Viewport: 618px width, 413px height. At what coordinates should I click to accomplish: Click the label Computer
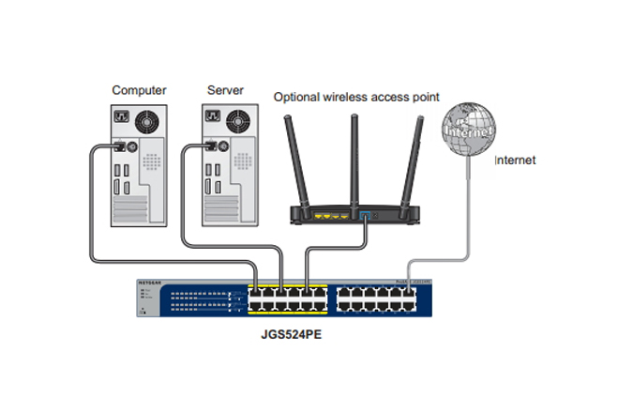point(139,90)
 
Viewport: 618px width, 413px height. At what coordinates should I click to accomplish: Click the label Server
point(226,90)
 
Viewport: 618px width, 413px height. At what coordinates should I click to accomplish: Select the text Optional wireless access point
point(355,97)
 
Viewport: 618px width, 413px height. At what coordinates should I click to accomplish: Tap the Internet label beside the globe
point(515,161)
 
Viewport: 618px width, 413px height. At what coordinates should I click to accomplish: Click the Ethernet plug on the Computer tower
point(120,146)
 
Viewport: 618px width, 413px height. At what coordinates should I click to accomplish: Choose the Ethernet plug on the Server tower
point(210,146)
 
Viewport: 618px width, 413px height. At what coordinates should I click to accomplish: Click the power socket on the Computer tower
point(121,116)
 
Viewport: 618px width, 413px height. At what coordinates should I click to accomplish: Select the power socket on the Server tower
point(211,116)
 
